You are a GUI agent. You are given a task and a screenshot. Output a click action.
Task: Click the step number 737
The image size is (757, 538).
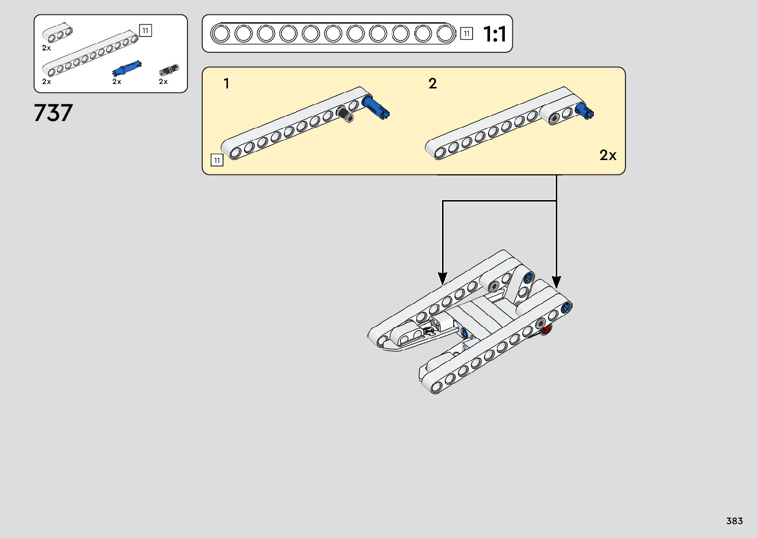[53, 113]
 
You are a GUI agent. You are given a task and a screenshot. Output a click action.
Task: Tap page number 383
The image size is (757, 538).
[734, 521]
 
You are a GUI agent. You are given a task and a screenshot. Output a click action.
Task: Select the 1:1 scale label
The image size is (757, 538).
[494, 35]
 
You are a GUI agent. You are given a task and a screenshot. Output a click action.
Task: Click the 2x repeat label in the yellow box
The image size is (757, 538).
[608, 156]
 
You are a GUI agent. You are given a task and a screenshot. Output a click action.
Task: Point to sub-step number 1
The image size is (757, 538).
[226, 83]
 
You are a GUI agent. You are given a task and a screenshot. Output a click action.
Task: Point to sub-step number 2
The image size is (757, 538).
[433, 83]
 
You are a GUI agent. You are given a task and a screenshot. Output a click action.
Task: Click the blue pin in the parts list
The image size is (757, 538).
[127, 68]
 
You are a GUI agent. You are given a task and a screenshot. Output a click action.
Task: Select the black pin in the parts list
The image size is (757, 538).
[169, 70]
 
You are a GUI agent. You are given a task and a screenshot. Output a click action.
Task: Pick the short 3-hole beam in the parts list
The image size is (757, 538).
[57, 34]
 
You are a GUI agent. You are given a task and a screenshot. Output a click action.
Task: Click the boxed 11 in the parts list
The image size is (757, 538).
[145, 31]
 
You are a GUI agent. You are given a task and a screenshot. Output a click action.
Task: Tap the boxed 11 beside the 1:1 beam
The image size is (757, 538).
[466, 34]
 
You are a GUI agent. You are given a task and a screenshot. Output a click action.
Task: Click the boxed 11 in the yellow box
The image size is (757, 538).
[217, 161]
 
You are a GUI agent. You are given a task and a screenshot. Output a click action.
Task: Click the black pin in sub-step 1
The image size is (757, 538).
[345, 114]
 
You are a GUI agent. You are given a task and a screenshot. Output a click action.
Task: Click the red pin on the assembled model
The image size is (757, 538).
[546, 330]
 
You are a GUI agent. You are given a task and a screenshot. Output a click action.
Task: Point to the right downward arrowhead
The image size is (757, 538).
[556, 283]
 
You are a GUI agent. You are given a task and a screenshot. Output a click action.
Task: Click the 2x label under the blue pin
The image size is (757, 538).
[117, 82]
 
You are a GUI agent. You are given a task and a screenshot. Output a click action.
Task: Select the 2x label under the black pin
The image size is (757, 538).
[163, 82]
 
